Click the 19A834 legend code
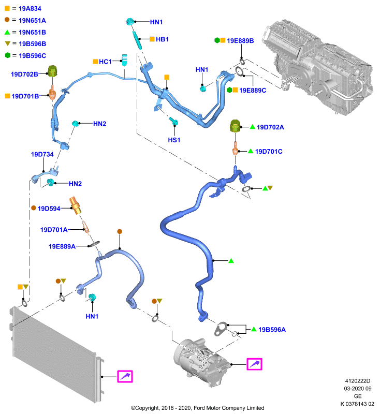[x=30, y=8]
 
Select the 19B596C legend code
[x=32, y=56]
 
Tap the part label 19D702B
[x=24, y=74]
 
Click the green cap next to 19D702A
[x=235, y=126]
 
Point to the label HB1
[x=162, y=39]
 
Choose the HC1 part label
[x=106, y=62]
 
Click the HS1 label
[x=174, y=140]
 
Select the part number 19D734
[x=42, y=154]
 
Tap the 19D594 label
[x=49, y=209]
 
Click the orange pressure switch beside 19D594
[x=75, y=205]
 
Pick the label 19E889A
[x=62, y=246]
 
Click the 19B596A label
[x=272, y=330]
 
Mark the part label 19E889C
[x=253, y=90]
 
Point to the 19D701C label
[x=269, y=151]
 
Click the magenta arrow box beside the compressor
[x=254, y=364]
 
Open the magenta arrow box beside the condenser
[x=125, y=376]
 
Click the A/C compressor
[x=201, y=362]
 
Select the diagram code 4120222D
[x=358, y=381]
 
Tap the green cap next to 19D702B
[x=53, y=71]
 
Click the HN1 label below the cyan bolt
[x=92, y=316]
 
